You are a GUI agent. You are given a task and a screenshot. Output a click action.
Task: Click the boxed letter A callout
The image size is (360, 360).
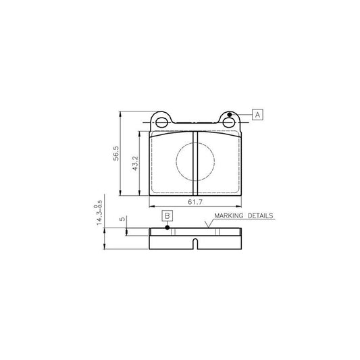click(x=258, y=115)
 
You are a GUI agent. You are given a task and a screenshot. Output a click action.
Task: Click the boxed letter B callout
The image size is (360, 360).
click(x=168, y=215)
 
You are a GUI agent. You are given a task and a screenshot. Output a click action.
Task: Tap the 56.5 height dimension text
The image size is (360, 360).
click(x=115, y=153)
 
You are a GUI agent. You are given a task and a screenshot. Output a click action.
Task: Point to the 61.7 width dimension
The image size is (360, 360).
click(x=195, y=202)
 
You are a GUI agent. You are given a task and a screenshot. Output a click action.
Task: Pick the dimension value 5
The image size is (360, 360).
click(x=122, y=220)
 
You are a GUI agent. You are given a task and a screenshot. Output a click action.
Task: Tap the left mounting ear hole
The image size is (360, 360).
click(x=161, y=123)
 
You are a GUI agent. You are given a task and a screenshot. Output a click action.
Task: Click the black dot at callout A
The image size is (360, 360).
click(x=230, y=115)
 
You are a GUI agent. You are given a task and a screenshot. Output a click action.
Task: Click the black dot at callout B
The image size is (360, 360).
click(x=168, y=227)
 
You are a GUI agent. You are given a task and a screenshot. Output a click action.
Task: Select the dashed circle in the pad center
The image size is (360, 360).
click(x=195, y=161)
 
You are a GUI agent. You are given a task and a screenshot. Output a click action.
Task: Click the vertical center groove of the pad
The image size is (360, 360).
click(x=195, y=162)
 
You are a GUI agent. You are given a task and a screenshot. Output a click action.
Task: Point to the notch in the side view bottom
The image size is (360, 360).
click(x=195, y=245)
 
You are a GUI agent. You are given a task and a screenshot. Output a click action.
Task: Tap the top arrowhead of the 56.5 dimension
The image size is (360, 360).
click(x=121, y=113)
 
